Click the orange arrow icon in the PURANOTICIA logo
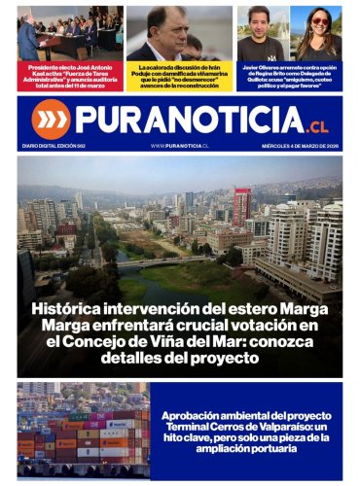(51, 119)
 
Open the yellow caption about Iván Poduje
(180, 78)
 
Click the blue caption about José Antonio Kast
(68, 78)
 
